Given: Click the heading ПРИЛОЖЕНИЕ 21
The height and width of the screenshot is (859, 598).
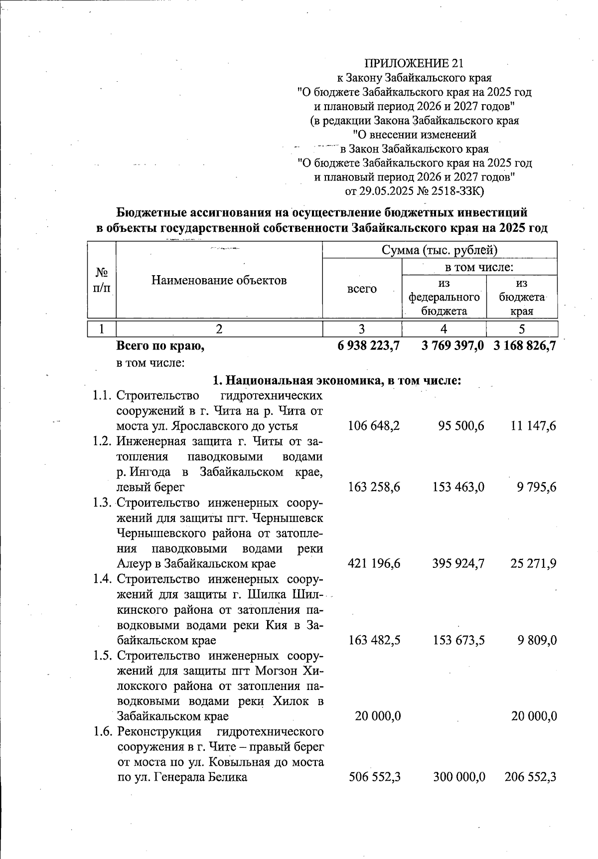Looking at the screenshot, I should coord(414,63).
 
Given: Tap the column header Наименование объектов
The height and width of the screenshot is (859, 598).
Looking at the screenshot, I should coord(219,280).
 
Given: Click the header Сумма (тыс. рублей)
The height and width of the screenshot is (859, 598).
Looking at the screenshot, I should coord(439,250).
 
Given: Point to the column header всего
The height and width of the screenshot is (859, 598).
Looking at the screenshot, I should coord(362,289).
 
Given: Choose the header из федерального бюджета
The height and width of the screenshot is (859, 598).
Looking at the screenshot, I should coord(444,297).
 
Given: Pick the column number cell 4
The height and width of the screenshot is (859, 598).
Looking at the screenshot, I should coord(444,329).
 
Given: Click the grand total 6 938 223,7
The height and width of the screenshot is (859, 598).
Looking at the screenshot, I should coord(368,345).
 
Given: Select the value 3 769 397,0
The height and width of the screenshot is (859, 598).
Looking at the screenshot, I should coord(452,345).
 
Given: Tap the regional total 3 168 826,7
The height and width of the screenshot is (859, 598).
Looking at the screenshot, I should coord(524,345).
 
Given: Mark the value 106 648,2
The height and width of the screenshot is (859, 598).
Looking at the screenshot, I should coord(374,426).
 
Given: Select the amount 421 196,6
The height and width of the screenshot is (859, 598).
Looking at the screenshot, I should coord(374,563).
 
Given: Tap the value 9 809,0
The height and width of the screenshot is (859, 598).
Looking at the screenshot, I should coord(536,640).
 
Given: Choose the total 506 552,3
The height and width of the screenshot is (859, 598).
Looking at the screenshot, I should coord(374,777).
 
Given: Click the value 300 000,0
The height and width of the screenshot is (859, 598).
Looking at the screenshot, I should coord(459,777).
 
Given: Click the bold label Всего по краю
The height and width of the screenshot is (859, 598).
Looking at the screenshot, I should coord(160,345).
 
